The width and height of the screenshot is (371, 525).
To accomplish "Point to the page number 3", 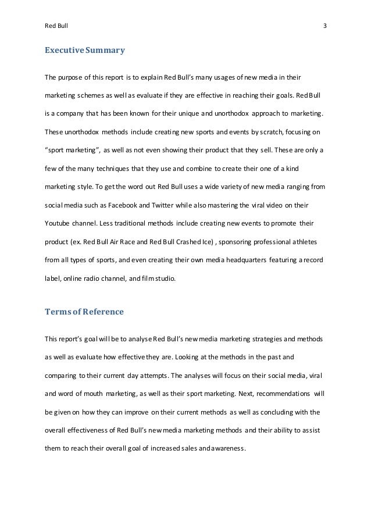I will coord(324,26).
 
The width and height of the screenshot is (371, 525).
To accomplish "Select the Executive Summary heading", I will coord(84,51).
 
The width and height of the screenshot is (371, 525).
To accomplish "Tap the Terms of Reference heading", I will coord(84,312).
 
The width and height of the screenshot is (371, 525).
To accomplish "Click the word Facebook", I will coord(133,206).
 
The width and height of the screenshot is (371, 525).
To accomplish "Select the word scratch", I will coord(259,133).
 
